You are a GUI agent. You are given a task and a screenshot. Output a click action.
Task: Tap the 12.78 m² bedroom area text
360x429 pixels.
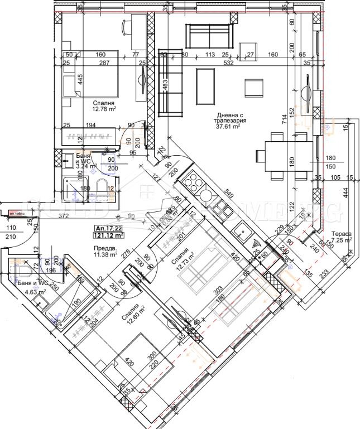[104, 110]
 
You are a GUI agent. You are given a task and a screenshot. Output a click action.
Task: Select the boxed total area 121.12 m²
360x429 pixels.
[109, 235]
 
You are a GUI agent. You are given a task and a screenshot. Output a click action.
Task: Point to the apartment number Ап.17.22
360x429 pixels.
[108, 228]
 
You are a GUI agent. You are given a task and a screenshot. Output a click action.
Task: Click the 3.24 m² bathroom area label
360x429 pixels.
[71, 165]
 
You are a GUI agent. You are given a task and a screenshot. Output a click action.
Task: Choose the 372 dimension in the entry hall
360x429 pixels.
[49, 216]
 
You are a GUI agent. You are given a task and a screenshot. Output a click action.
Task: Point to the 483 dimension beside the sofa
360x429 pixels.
[165, 85]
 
